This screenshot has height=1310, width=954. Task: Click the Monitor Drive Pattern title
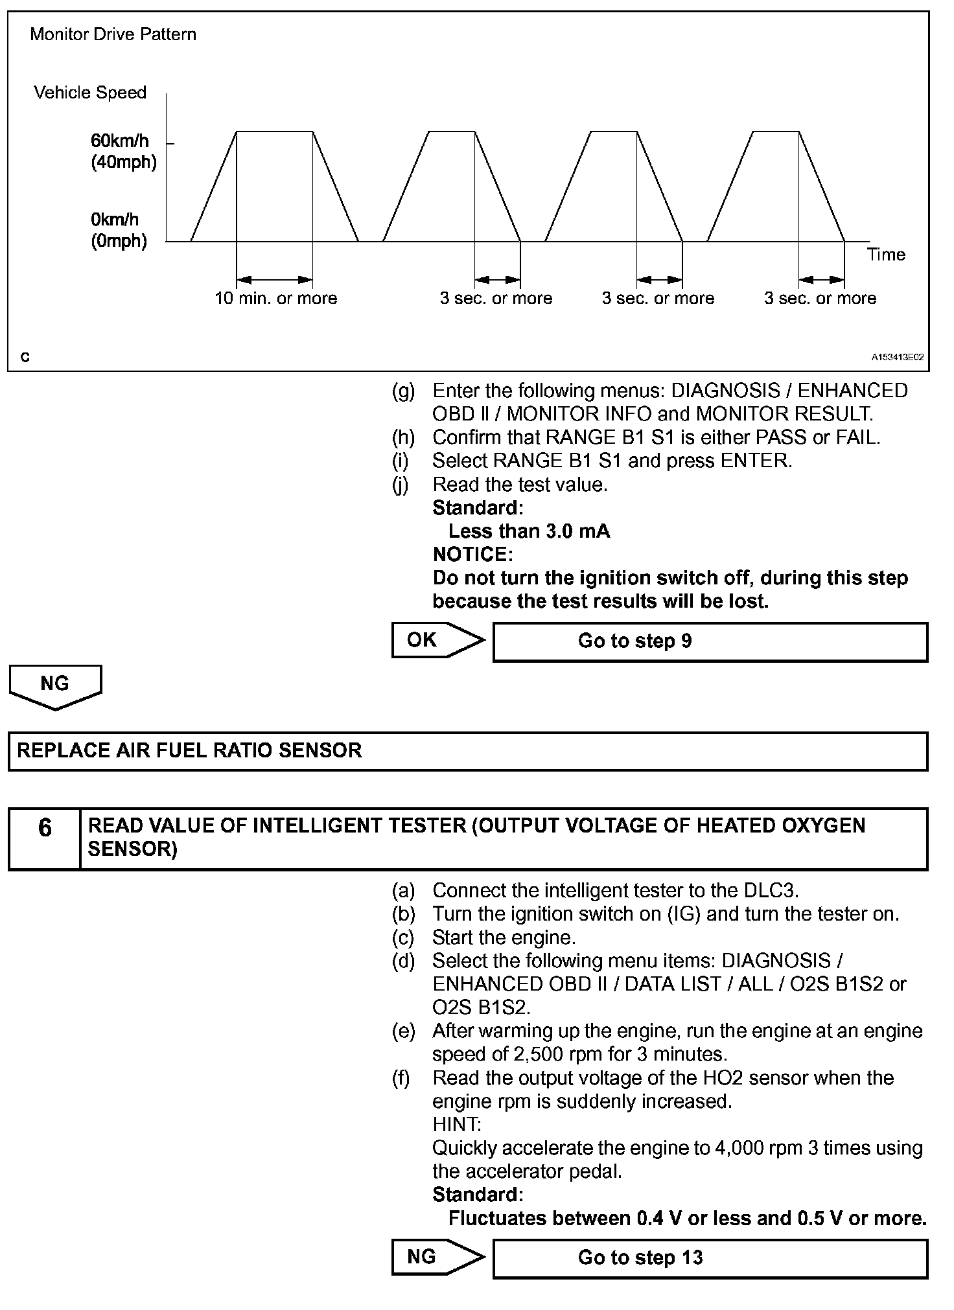113,34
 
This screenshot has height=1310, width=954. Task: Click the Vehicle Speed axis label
90,93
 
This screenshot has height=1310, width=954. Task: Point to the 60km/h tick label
120,141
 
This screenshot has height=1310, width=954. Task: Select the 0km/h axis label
115,220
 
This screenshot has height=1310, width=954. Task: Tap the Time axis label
886,255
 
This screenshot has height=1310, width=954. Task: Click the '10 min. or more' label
276,298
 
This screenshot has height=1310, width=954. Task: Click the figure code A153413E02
897,357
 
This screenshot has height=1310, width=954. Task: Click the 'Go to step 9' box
710,641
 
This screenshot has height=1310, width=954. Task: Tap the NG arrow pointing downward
55,686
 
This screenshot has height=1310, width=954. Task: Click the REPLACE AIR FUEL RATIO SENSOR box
467,751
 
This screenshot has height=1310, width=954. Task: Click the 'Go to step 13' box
710,1258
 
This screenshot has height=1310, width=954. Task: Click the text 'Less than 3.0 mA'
529,531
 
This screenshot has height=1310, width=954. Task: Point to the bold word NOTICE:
472,555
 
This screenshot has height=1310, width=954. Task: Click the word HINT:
457,1125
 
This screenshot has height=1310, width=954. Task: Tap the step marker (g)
403,391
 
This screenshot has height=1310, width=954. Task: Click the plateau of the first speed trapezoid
275,132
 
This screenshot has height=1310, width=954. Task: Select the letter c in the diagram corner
25,357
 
